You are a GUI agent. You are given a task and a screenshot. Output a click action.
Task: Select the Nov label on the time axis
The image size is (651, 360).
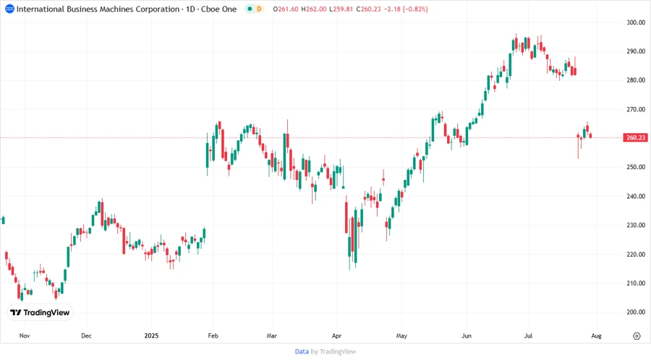24,336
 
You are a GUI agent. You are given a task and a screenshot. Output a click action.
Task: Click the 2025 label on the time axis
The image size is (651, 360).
152,336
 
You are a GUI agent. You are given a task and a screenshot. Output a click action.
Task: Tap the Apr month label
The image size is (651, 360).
337,336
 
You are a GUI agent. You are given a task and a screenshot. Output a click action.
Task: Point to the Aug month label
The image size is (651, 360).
595,336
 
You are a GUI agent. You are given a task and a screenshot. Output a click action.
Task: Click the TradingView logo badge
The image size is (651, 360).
40,312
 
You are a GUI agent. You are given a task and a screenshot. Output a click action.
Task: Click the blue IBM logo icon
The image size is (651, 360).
9,9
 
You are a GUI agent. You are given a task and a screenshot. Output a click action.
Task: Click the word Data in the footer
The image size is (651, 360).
302,351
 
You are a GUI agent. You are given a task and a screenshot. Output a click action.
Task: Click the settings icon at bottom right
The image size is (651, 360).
637,336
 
